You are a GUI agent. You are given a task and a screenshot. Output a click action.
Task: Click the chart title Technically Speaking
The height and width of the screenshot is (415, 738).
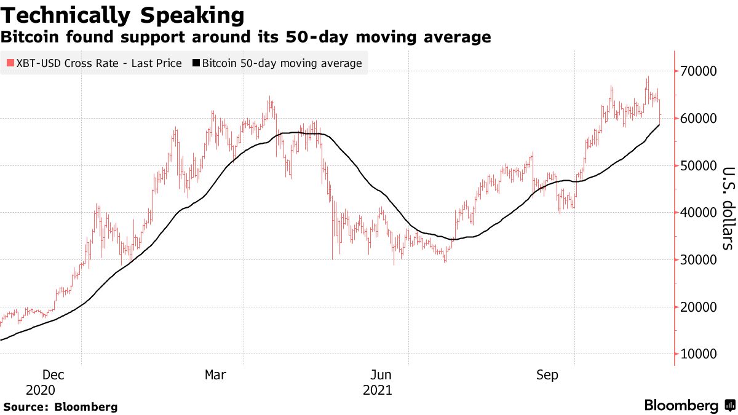(x=122, y=15)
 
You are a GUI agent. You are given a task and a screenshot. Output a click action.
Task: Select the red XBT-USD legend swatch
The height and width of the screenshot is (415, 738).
(x=10, y=63)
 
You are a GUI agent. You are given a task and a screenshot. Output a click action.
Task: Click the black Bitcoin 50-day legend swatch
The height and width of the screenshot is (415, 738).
(x=196, y=63)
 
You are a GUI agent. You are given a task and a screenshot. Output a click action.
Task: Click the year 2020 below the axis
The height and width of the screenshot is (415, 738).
(x=40, y=390)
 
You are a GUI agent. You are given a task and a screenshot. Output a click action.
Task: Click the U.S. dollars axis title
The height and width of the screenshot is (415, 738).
(x=728, y=208)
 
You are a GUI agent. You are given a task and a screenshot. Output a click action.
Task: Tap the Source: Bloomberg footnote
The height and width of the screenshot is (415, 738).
(x=60, y=407)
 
